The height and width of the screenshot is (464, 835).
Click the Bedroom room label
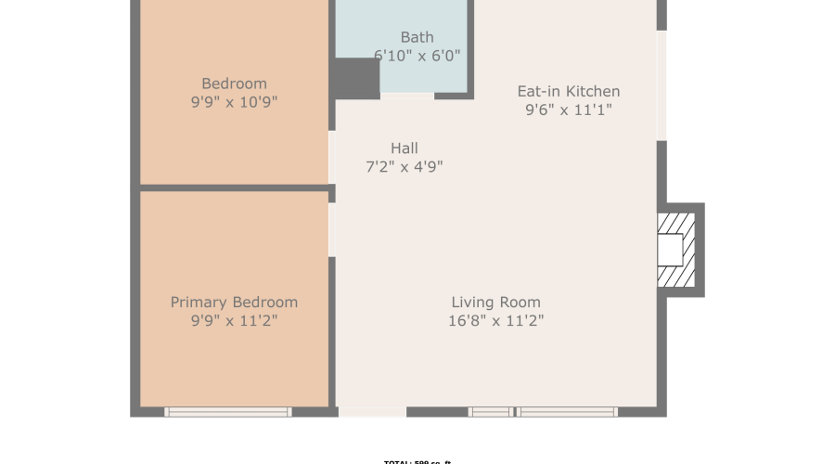[235, 84]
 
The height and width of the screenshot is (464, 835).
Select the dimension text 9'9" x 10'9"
[235, 102]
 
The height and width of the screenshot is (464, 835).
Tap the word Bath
[417, 37]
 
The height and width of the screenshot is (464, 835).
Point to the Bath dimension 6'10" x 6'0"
[417, 56]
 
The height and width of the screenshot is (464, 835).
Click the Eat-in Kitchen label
[568, 91]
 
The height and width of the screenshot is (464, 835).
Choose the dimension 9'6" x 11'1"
[568, 110]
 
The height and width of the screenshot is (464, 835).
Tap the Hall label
[404, 148]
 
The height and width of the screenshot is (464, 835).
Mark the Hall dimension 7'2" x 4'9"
[404, 167]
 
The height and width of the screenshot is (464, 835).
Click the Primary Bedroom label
[234, 303]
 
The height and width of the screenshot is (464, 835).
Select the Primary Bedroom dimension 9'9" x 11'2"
[234, 321]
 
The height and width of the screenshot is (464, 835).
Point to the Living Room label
[495, 303]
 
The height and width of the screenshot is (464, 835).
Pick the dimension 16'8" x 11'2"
[495, 321]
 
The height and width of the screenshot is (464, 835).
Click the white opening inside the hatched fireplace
[670, 250]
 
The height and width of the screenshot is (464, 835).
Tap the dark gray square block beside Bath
[356, 79]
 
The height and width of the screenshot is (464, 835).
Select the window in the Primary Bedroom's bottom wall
[228, 411]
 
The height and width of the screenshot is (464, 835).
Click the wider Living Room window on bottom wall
[567, 411]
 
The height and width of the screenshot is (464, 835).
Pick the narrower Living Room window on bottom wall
[490, 411]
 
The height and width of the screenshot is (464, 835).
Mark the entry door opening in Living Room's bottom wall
[372, 411]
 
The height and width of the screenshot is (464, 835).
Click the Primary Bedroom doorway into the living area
[332, 229]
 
